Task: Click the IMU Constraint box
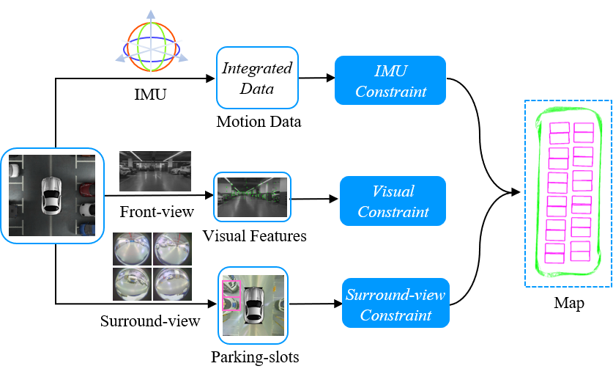pos(390,80)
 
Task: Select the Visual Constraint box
pos(393,201)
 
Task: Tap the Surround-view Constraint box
pos(395,303)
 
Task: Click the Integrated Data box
pos(257,78)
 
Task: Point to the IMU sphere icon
pos(152,45)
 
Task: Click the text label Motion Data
pos(259,122)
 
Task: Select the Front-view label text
pos(157,212)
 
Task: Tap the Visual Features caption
pos(255,236)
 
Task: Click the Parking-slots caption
pos(255,357)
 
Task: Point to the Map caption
pos(569,303)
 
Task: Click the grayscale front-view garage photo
pos(155,171)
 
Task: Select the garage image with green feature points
pos(252,197)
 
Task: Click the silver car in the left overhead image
pos(51,195)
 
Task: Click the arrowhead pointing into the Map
pos(516,192)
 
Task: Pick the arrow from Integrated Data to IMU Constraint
pos(316,78)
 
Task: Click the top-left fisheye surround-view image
pos(132,249)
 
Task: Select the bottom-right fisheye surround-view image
pos(172,285)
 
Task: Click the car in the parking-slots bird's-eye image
pos(253,305)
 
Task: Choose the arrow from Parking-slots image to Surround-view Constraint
pos(316,304)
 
